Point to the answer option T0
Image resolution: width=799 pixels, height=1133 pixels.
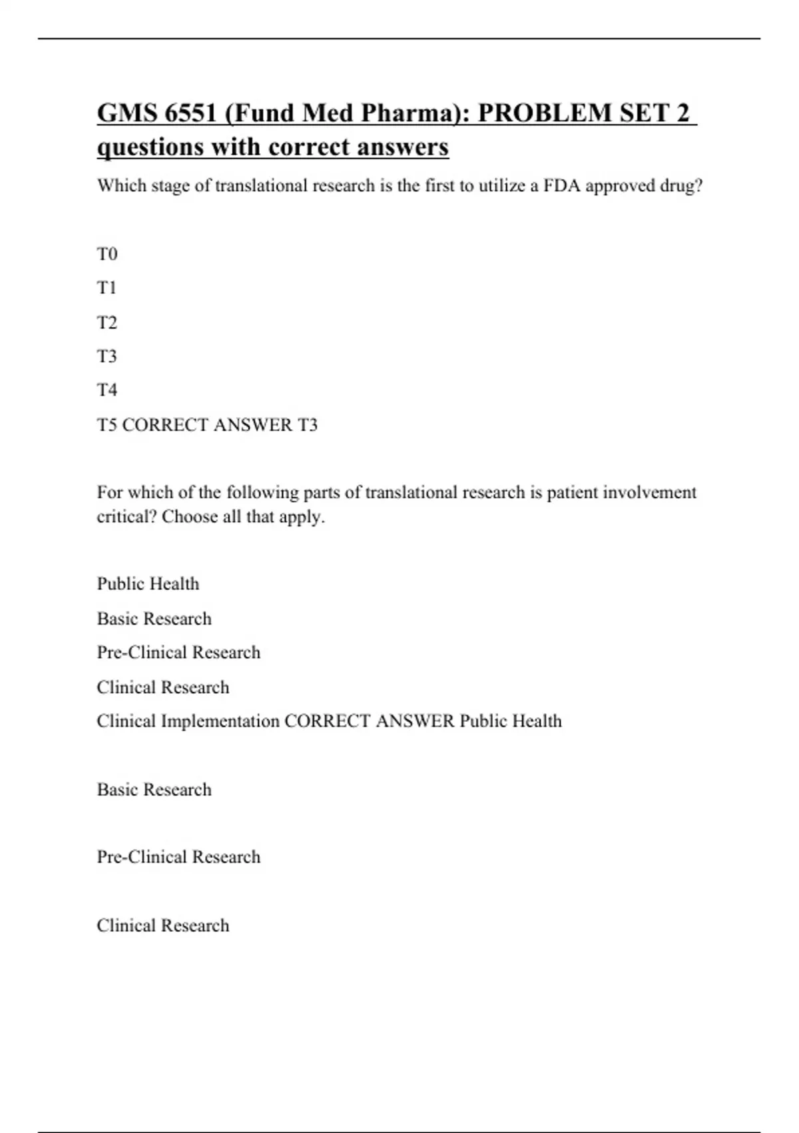tap(107, 254)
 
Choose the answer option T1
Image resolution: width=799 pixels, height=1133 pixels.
tap(107, 288)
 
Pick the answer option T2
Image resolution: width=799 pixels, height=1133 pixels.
tap(107, 323)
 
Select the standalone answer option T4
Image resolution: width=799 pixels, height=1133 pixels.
tap(107, 390)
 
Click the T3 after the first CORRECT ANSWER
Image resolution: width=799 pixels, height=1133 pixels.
tap(307, 425)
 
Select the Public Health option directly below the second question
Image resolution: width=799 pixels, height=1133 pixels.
tap(148, 584)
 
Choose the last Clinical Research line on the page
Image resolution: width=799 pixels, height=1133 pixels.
tap(162, 925)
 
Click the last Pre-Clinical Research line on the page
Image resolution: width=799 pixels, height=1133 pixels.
tap(178, 856)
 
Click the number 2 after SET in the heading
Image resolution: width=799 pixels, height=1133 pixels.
tap(682, 113)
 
